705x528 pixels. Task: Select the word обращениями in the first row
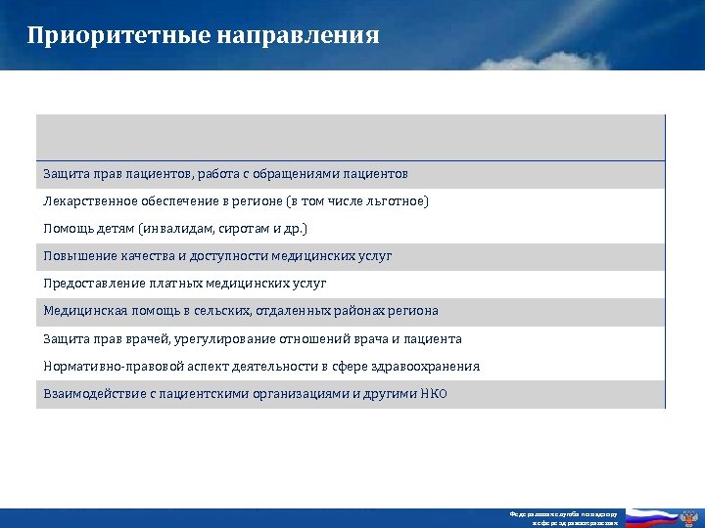tap(294, 174)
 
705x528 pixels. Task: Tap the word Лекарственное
tap(89, 201)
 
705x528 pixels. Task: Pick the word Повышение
tap(76, 256)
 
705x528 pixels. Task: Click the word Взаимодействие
tap(93, 394)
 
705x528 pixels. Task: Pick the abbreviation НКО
tap(432, 394)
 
